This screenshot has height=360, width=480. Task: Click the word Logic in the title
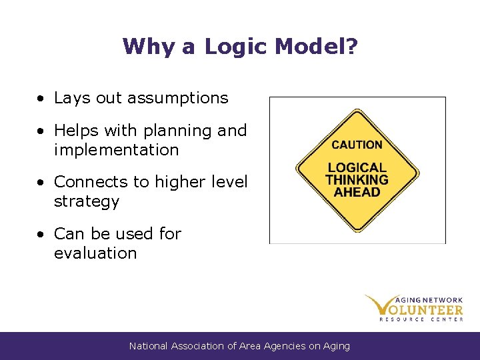[x=235, y=47]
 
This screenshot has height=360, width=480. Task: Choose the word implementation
[x=116, y=150]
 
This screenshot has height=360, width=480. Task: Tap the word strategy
[x=86, y=201]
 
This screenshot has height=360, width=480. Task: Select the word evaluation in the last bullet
[x=95, y=253]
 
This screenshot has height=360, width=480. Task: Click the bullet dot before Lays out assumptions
[x=41, y=99]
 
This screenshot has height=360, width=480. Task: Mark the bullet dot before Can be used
[x=41, y=235]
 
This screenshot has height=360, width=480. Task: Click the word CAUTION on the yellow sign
[x=357, y=145]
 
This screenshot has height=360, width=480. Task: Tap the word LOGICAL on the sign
[x=357, y=168]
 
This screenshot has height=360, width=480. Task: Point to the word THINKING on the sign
[x=357, y=180]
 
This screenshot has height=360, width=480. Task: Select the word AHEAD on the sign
[x=357, y=192]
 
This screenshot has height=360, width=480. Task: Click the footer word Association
[x=199, y=346]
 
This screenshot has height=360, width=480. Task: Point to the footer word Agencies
[x=284, y=346]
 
